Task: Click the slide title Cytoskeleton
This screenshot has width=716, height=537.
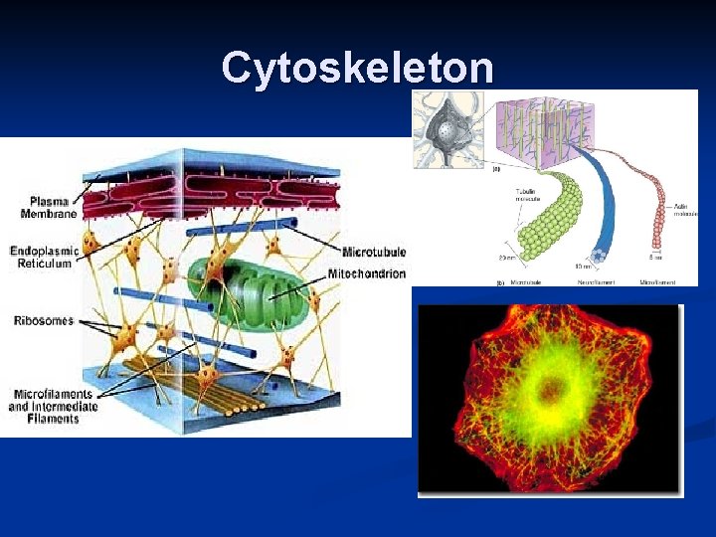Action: click(x=357, y=68)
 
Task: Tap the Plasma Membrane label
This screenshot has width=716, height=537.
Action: click(x=42, y=207)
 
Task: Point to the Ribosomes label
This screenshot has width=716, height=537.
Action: click(x=44, y=321)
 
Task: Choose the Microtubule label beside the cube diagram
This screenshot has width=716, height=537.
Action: click(x=374, y=253)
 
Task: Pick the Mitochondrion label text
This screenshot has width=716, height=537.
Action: click(x=368, y=273)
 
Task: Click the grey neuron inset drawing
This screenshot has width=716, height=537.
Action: click(x=448, y=124)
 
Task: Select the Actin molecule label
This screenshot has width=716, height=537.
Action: click(x=686, y=210)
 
